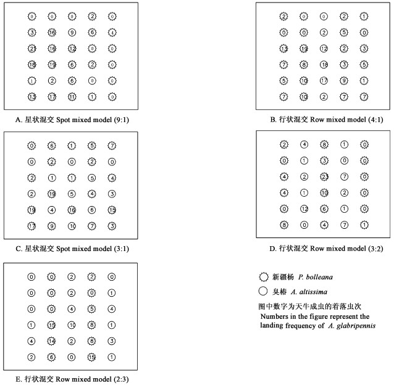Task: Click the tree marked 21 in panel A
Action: (x=32, y=49)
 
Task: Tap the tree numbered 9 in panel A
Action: (x=72, y=33)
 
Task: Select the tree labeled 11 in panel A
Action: (x=72, y=97)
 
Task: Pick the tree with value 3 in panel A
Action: (x=32, y=33)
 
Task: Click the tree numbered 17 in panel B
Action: (x=324, y=81)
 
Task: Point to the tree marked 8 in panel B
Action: (x=304, y=64)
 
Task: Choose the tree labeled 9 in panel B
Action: (x=344, y=81)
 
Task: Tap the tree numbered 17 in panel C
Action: (x=32, y=226)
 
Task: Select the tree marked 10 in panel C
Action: (x=72, y=226)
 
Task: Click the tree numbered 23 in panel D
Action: (x=324, y=176)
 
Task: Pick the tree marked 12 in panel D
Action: (x=304, y=208)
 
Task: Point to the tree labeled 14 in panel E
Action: (x=52, y=341)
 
